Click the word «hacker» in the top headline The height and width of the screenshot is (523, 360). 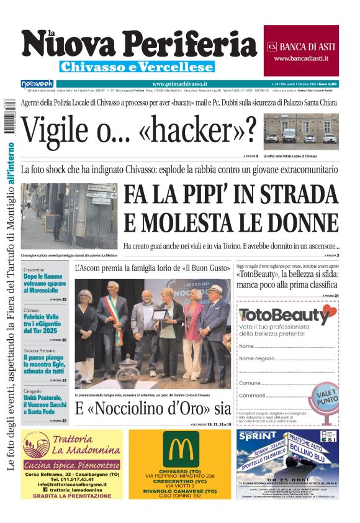pyautogui.click(x=198, y=129)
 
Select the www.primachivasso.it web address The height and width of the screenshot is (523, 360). pyautogui.click(x=179, y=83)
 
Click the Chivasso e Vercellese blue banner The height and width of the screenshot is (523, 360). pyautogui.click(x=137, y=66)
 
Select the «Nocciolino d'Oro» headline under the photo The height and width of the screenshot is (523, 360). pyautogui.click(x=153, y=409)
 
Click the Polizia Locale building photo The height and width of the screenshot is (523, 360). pyautogui.click(x=301, y=132)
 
